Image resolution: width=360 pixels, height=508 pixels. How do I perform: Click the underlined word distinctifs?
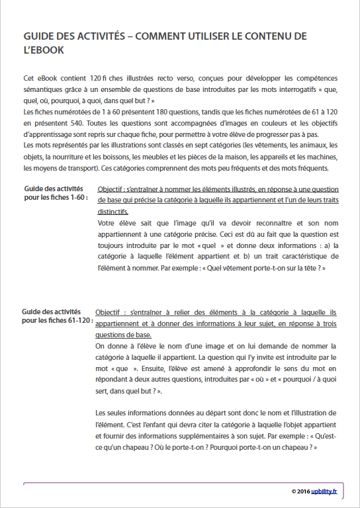112,212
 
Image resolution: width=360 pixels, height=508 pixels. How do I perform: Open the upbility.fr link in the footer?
326,491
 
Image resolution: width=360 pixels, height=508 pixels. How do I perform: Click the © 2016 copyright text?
303,491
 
